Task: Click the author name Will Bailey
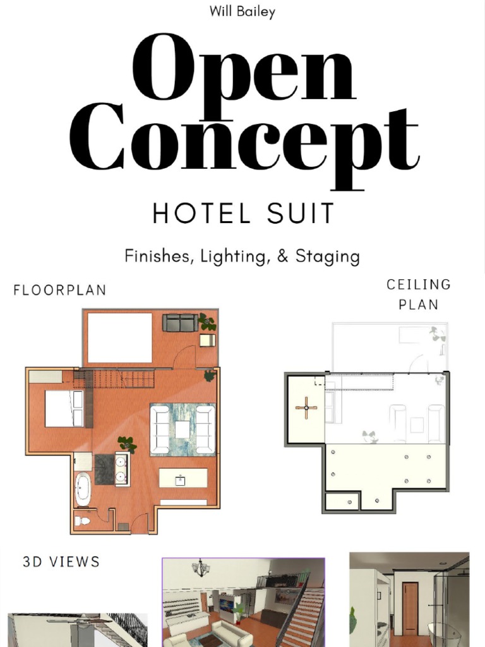242,12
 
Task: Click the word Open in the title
243,70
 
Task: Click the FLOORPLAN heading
60,290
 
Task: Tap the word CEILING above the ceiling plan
419,285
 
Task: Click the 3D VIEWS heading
61,562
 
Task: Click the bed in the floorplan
63,408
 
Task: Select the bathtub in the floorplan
83,489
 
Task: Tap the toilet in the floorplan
82,521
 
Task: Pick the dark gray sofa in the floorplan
180,323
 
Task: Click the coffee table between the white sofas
183,430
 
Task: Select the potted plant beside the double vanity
127,444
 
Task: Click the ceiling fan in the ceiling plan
306,408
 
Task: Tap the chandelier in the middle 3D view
201,568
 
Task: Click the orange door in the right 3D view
410,608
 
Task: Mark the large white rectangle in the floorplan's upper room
119,337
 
